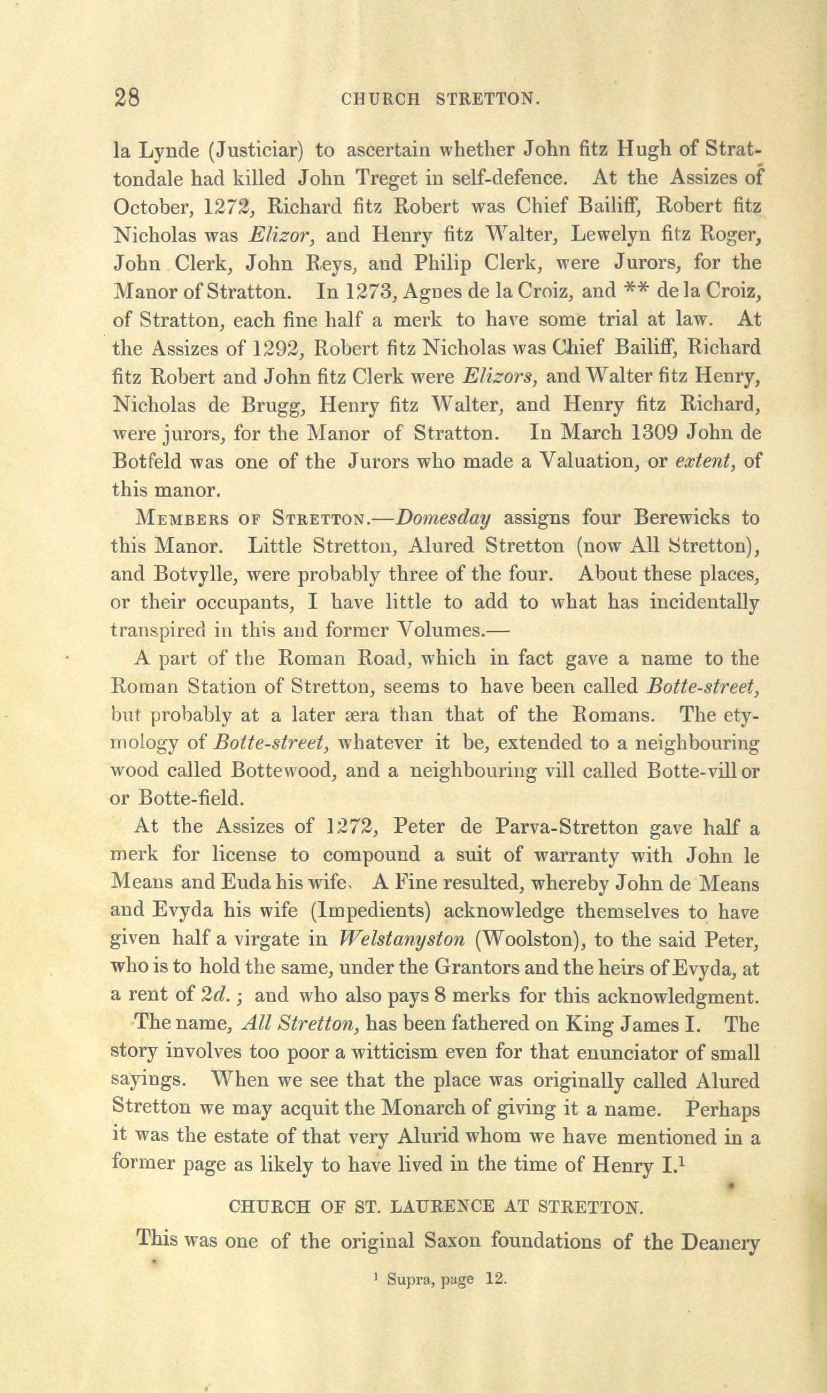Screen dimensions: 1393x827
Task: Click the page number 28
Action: point(127,99)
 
